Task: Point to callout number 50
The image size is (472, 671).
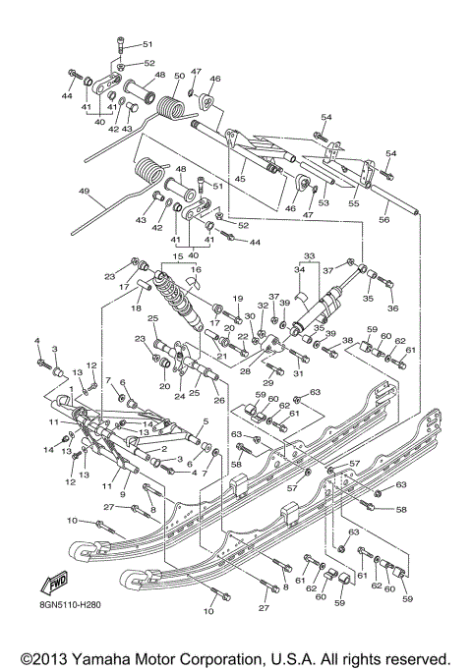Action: pos(179,76)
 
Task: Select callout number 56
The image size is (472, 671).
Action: pos(412,221)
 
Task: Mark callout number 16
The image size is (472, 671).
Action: pos(195,268)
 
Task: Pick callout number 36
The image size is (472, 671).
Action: pos(393,308)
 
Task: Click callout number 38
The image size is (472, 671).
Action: pos(347,341)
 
